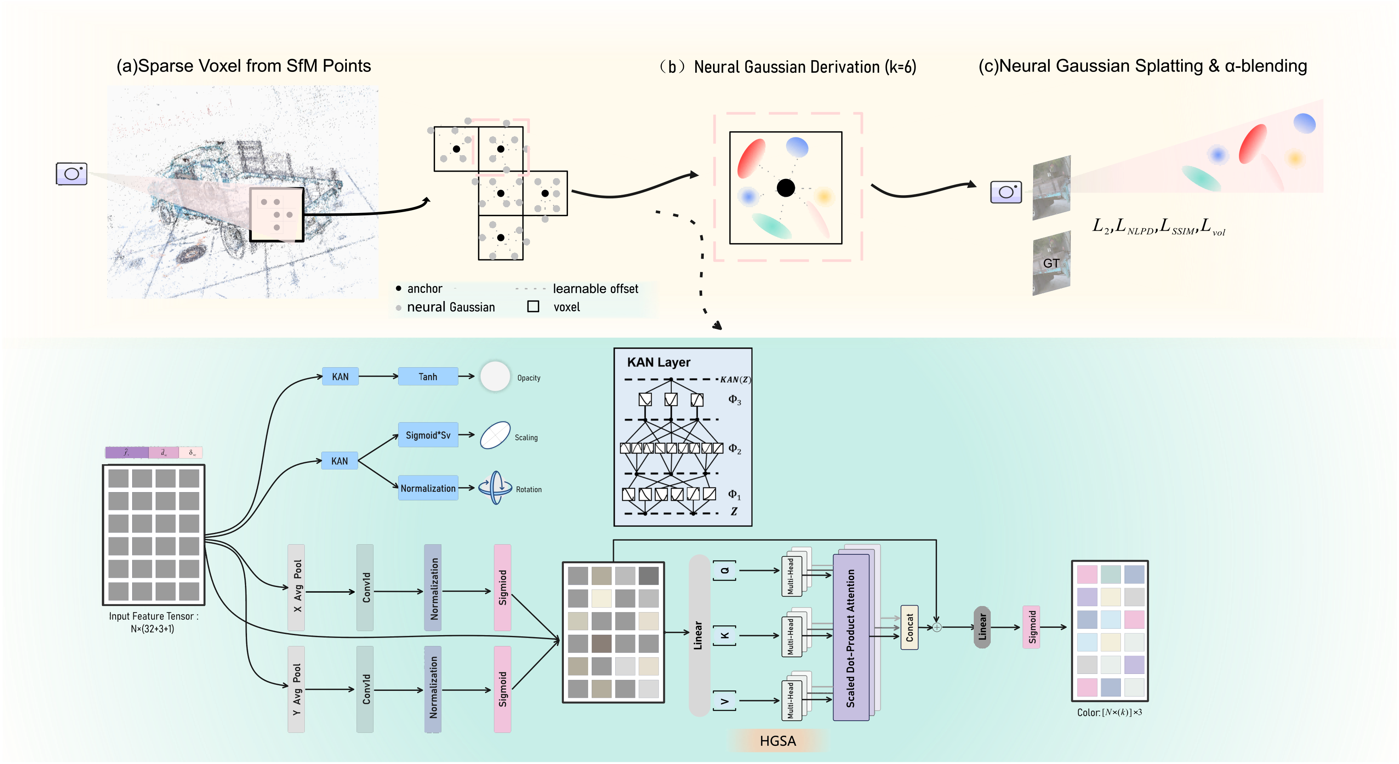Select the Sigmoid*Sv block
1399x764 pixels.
pos(428,435)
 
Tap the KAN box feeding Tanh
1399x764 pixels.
pos(340,376)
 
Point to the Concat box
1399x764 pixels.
pos(909,627)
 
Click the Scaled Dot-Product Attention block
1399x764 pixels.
pos(850,638)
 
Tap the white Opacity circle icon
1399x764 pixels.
pos(495,376)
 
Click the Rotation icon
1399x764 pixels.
pos(495,488)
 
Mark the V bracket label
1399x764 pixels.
pos(724,701)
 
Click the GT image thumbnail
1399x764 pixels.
pos(1051,263)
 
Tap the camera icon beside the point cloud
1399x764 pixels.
pos(72,174)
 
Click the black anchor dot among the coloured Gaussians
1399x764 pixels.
pos(785,188)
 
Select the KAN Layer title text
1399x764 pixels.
pos(658,362)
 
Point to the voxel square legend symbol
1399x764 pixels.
pos(533,307)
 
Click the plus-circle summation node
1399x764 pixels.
pos(937,627)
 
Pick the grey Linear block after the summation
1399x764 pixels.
pos(982,627)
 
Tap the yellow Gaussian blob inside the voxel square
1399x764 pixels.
pos(824,196)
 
